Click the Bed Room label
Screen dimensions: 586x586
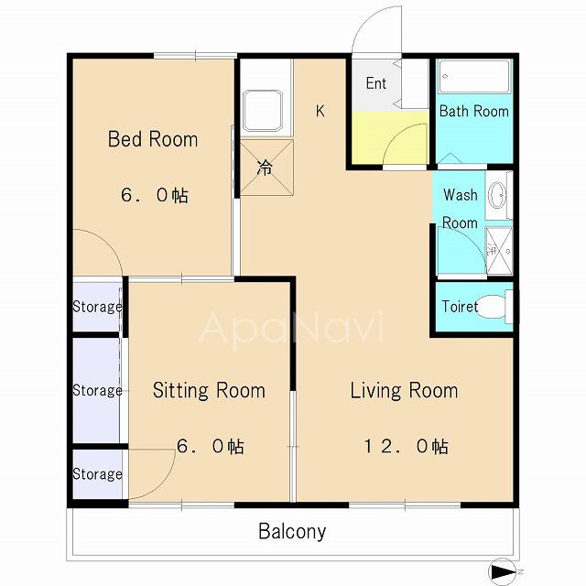(153, 139)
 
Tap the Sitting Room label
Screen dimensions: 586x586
(210, 391)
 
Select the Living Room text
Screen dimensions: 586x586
(404, 391)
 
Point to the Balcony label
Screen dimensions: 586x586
(292, 531)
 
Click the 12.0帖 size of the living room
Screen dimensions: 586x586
(407, 446)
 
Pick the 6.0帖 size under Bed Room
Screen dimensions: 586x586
(155, 195)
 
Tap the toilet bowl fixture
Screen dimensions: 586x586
(494, 307)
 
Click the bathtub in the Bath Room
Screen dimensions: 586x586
(474, 77)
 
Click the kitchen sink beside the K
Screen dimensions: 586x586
(263, 110)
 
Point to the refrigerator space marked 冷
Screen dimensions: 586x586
(266, 168)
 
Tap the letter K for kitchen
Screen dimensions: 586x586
(320, 111)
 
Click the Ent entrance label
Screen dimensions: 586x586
(376, 83)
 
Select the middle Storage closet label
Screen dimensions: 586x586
(97, 391)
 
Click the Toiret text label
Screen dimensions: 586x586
(460, 307)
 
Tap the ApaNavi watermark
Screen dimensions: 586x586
(292, 328)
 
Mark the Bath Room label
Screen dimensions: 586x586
(474, 111)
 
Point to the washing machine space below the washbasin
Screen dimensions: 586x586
(499, 250)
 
